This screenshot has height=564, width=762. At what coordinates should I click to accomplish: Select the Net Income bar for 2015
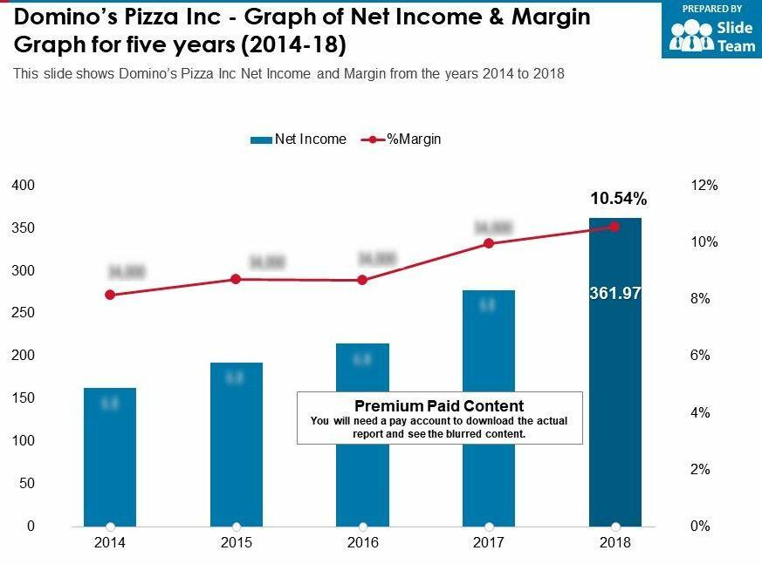click(237, 444)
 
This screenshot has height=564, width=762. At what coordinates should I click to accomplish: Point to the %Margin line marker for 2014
click(110, 295)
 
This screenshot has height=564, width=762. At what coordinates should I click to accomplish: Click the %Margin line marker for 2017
click(489, 243)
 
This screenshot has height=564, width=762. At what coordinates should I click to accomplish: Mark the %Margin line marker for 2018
click(614, 227)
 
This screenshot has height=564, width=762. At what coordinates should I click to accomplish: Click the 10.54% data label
click(618, 200)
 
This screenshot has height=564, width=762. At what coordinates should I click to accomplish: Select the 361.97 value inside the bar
click(615, 295)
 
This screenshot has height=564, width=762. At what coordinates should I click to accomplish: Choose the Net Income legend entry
click(299, 139)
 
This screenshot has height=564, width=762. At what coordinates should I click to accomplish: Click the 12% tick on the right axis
click(704, 186)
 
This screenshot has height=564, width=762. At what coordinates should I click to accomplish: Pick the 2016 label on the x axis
click(362, 543)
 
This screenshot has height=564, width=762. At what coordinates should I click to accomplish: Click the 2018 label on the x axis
click(615, 543)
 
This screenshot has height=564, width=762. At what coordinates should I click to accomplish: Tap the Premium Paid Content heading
click(439, 406)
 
